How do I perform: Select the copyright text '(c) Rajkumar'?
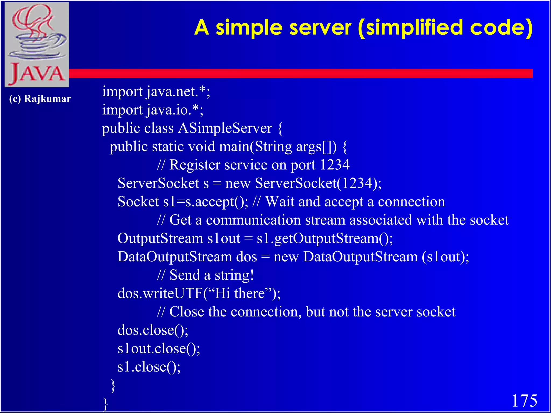point(40,99)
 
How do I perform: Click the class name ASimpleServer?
point(225,128)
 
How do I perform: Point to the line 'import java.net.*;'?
point(156,92)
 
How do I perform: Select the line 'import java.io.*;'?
point(153,110)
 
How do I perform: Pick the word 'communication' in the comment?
point(253,220)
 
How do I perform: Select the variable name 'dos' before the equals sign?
point(246,257)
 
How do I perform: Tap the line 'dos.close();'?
point(153,330)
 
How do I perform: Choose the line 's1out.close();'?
point(159,348)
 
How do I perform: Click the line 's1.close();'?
point(149,367)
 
